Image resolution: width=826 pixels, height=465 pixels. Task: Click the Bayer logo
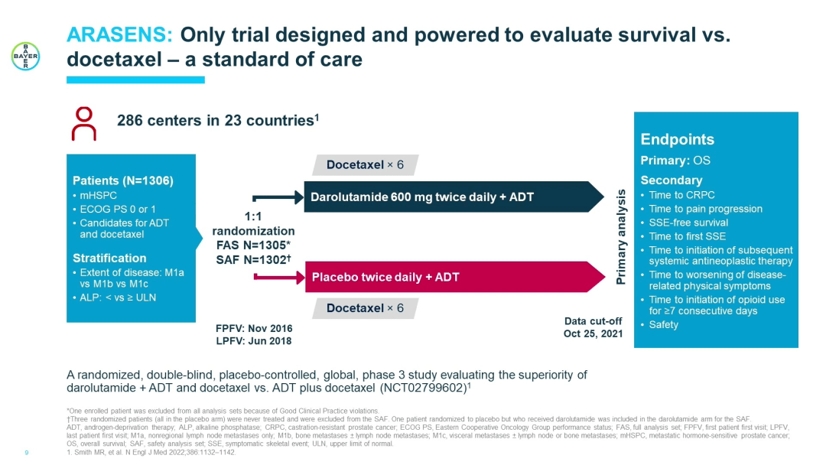pos(25,56)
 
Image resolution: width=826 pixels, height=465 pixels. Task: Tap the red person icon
pos(84,123)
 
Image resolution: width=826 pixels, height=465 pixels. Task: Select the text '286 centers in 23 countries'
pos(215,121)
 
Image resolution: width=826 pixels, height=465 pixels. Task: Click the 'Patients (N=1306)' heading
pos(123,181)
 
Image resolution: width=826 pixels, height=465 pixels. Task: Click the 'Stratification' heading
pos(109,258)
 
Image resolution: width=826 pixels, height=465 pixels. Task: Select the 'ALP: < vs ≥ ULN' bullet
pos(118,298)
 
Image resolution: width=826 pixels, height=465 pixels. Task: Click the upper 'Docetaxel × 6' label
pos(365,164)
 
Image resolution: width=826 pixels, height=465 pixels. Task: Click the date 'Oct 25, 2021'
pos(593,333)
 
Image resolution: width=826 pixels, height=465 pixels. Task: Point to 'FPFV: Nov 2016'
pos(254,328)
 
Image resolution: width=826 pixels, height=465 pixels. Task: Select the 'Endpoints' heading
pos(677,139)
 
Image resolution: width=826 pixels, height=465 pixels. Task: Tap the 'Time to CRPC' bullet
pos(681,195)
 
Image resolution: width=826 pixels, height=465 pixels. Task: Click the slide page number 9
pos(27,452)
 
